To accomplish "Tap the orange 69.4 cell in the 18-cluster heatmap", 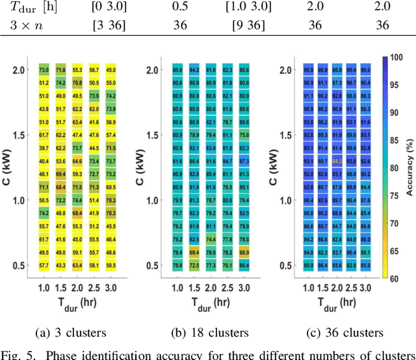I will click(x=194, y=252).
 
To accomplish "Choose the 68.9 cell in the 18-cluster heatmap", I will click(x=244, y=252).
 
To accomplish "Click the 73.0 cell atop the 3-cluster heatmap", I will click(x=44, y=70).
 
